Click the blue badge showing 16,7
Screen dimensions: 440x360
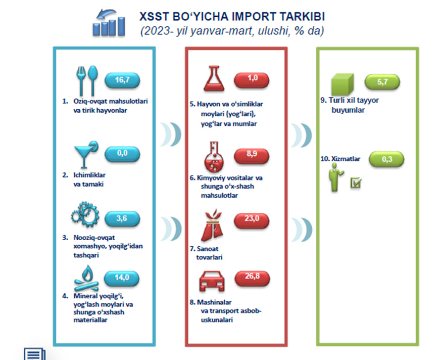[122, 80]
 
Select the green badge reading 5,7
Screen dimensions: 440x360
[382, 82]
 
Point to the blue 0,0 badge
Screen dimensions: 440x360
[122, 154]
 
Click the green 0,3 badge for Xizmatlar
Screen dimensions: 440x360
[386, 159]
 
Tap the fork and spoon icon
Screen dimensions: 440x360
[87, 80]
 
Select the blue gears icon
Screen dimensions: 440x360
[85, 214]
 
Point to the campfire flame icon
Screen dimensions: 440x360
[86, 278]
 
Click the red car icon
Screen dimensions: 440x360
[212, 281]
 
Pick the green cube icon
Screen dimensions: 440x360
[343, 84]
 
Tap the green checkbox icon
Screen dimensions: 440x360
[356, 183]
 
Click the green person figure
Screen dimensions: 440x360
[335, 178]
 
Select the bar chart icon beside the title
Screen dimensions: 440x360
[109, 23]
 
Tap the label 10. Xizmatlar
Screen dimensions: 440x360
[340, 159]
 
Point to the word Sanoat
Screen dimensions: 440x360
[208, 249]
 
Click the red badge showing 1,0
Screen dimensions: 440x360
[252, 80]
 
